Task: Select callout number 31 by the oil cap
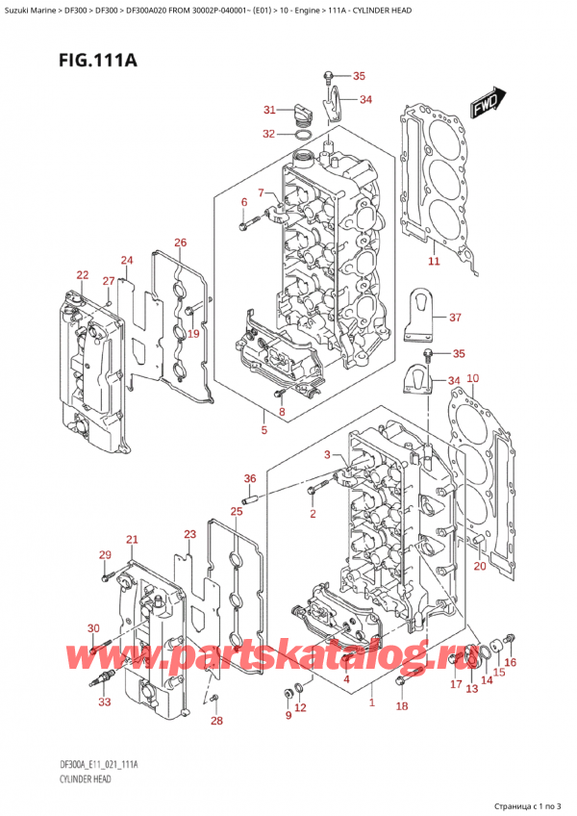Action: click(x=269, y=110)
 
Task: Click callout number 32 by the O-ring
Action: click(x=268, y=134)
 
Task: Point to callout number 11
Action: click(x=434, y=261)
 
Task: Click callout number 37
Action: click(x=455, y=317)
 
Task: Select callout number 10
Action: click(x=472, y=378)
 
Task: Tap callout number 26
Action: click(x=180, y=242)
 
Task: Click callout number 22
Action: click(x=82, y=275)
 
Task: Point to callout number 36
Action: click(x=250, y=478)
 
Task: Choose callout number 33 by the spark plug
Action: click(x=105, y=702)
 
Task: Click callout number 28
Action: click(x=216, y=720)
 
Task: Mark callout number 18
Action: click(x=402, y=705)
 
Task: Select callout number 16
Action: click(x=510, y=661)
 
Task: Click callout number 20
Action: click(x=479, y=565)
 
